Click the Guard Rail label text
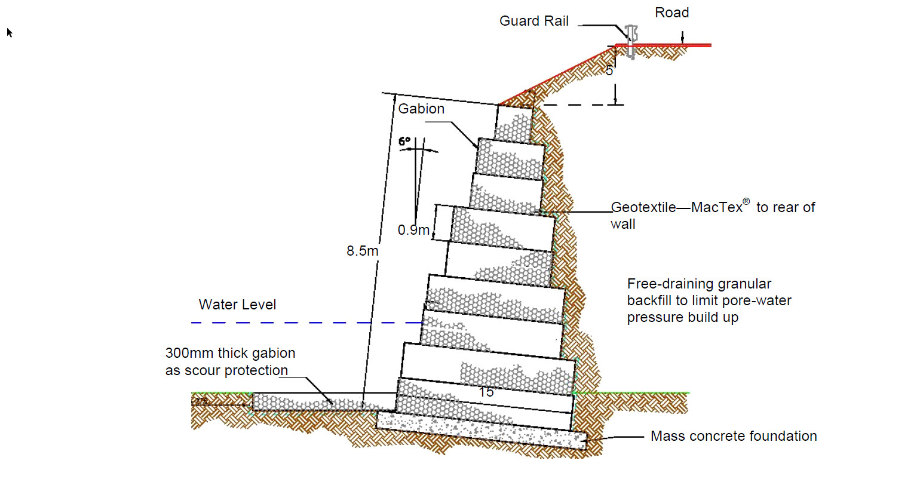[533, 22]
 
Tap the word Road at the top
[671, 13]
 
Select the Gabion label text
[421, 109]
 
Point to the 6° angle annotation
[404, 142]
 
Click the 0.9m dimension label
[413, 230]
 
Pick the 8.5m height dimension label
[362, 251]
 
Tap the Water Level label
[237, 305]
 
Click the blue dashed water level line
[299, 323]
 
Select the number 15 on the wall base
[486, 392]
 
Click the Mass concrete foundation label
[734, 436]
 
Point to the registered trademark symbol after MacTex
[746, 202]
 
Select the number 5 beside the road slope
[609, 70]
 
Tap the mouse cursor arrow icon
[10, 32]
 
